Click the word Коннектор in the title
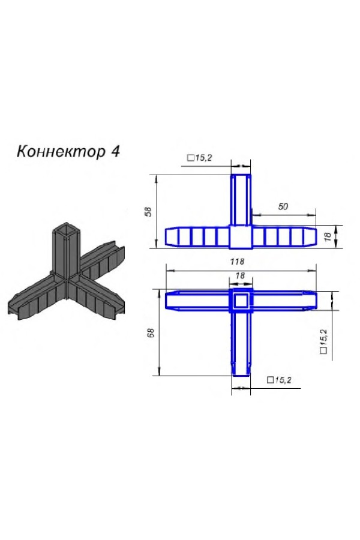click(60, 151)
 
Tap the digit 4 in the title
click(115, 151)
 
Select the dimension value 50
click(283, 206)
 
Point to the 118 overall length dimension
click(237, 262)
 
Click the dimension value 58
click(148, 211)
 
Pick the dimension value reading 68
click(151, 332)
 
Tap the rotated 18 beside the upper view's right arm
click(328, 236)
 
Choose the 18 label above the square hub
click(240, 275)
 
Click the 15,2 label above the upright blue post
click(199, 158)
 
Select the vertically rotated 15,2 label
click(324, 341)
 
